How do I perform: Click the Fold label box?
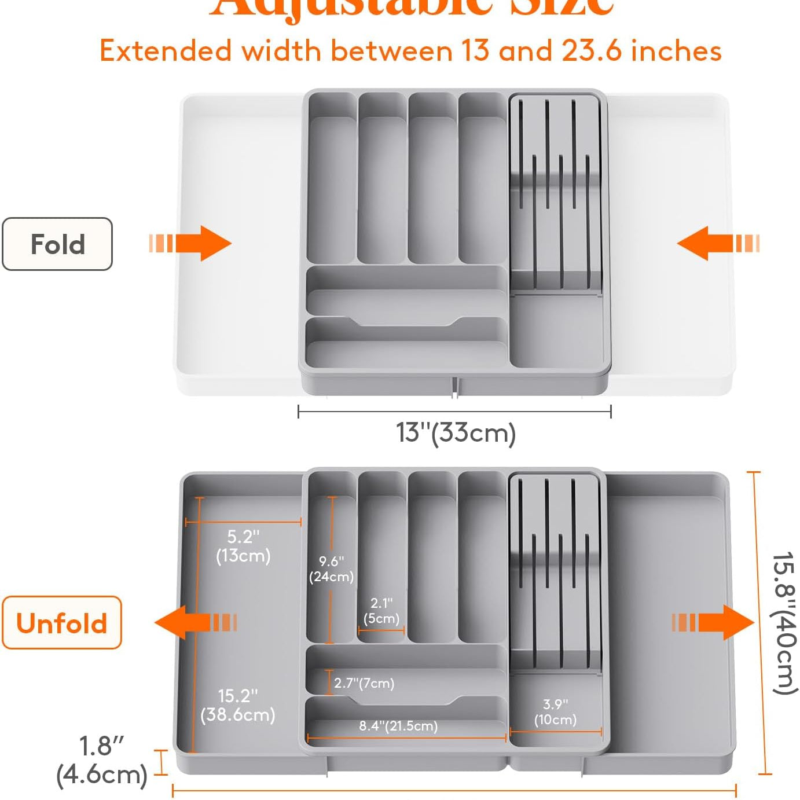(57, 244)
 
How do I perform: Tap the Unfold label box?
(62, 623)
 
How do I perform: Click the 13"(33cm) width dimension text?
(456, 433)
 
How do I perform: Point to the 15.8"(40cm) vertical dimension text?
(784, 623)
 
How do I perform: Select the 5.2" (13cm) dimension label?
(243, 546)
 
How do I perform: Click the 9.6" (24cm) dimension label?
(331, 569)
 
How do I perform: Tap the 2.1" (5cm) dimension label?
(381, 611)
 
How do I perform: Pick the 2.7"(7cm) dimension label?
(364, 683)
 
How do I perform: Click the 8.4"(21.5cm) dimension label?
(398, 725)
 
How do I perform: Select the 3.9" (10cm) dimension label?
(555, 712)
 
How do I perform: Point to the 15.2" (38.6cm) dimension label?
(238, 704)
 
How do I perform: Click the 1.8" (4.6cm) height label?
(102, 760)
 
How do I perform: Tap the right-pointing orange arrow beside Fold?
(191, 243)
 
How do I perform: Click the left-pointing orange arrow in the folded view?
(718, 243)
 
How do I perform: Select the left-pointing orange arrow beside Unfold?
(196, 623)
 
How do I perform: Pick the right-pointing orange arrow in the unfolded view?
(713, 623)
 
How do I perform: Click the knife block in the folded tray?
(556, 194)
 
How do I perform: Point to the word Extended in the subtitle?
(166, 51)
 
